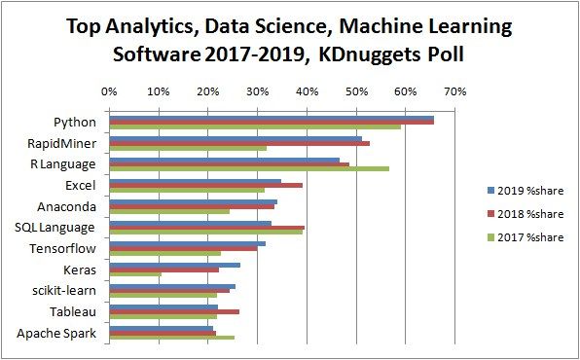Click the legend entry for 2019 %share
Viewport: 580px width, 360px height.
click(x=525, y=190)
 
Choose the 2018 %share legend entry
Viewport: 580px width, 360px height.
click(x=525, y=213)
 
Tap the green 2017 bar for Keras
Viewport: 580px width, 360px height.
click(x=135, y=274)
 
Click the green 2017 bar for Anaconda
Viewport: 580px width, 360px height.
click(x=169, y=211)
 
